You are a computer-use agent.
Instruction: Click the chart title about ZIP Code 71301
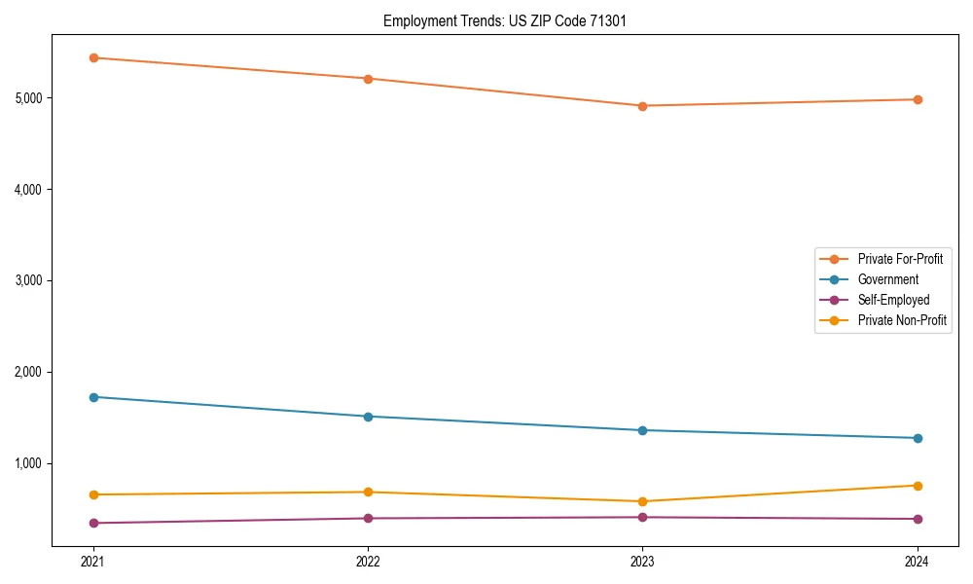(512, 20)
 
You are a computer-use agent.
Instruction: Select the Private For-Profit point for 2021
(93, 57)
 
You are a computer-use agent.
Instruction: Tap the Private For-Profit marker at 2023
(642, 106)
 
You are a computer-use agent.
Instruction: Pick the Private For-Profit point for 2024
(918, 99)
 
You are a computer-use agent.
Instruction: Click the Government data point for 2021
(93, 397)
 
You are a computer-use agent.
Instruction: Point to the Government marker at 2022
(368, 417)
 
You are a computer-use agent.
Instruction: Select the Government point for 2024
(918, 438)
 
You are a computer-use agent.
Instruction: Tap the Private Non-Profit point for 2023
(642, 501)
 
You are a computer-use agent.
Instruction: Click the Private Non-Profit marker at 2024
(918, 486)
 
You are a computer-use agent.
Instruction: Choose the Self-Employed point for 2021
(93, 523)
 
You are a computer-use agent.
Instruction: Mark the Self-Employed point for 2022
(368, 518)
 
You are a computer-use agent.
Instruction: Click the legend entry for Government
(887, 279)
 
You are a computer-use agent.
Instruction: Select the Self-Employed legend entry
(893, 300)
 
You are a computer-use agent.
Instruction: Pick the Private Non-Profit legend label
(902, 320)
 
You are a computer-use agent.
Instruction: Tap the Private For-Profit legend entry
(900, 259)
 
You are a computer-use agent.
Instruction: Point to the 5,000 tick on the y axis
(29, 98)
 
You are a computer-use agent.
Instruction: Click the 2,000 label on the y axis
(29, 372)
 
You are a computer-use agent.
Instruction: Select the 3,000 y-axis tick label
(29, 280)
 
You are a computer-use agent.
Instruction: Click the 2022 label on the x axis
(368, 561)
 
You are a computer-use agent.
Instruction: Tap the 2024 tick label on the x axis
(918, 561)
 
